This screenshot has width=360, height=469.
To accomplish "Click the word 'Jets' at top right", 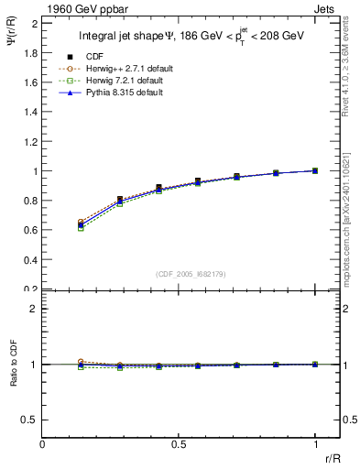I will pyautogui.click(x=325, y=8).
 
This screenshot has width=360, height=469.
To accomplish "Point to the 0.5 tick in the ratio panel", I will pyautogui.click(x=31, y=420).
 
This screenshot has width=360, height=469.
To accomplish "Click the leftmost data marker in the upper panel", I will pyautogui.click(x=81, y=224).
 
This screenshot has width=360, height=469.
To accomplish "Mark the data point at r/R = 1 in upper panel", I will pyautogui.click(x=315, y=170).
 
